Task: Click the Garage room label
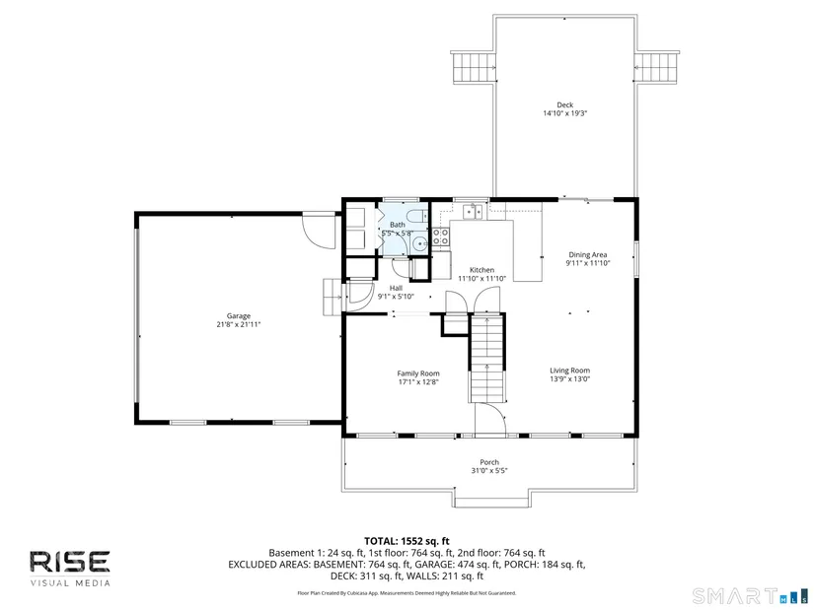point(239,316)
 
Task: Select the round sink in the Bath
point(419,242)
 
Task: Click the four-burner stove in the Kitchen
point(441,237)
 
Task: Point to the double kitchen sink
point(473,212)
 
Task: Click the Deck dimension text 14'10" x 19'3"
point(564,113)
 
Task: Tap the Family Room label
point(418,373)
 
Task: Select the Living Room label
point(570,371)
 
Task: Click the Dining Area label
point(588,254)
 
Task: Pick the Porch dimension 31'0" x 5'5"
point(489,471)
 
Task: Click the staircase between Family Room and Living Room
point(487,358)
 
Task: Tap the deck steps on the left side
point(474,67)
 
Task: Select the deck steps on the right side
point(656,67)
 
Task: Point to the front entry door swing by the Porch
point(490,418)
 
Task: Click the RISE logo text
point(70,562)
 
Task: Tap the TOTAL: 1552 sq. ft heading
point(407,542)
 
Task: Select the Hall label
point(396,289)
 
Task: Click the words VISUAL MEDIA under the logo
point(70,583)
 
